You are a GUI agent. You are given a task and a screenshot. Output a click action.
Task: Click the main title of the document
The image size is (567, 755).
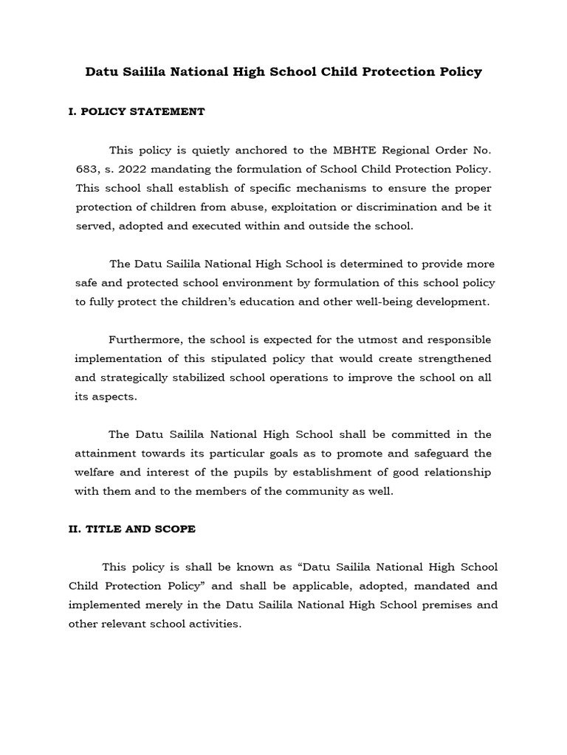tap(283, 72)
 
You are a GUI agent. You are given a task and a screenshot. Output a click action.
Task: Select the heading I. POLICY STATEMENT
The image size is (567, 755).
tap(137, 112)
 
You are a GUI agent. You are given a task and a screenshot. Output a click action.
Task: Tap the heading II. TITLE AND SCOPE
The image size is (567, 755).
tap(132, 529)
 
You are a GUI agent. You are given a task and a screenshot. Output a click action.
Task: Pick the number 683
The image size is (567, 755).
tap(86, 169)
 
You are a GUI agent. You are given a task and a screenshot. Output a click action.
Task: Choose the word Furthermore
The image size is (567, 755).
tap(144, 339)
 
